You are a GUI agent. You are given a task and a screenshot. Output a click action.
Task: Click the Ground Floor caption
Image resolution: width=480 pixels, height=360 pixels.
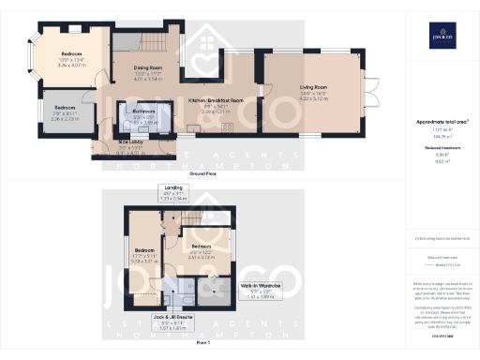tap(203, 173)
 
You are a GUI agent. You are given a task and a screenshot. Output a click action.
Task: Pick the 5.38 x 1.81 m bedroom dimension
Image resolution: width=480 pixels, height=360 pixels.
tap(143, 262)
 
